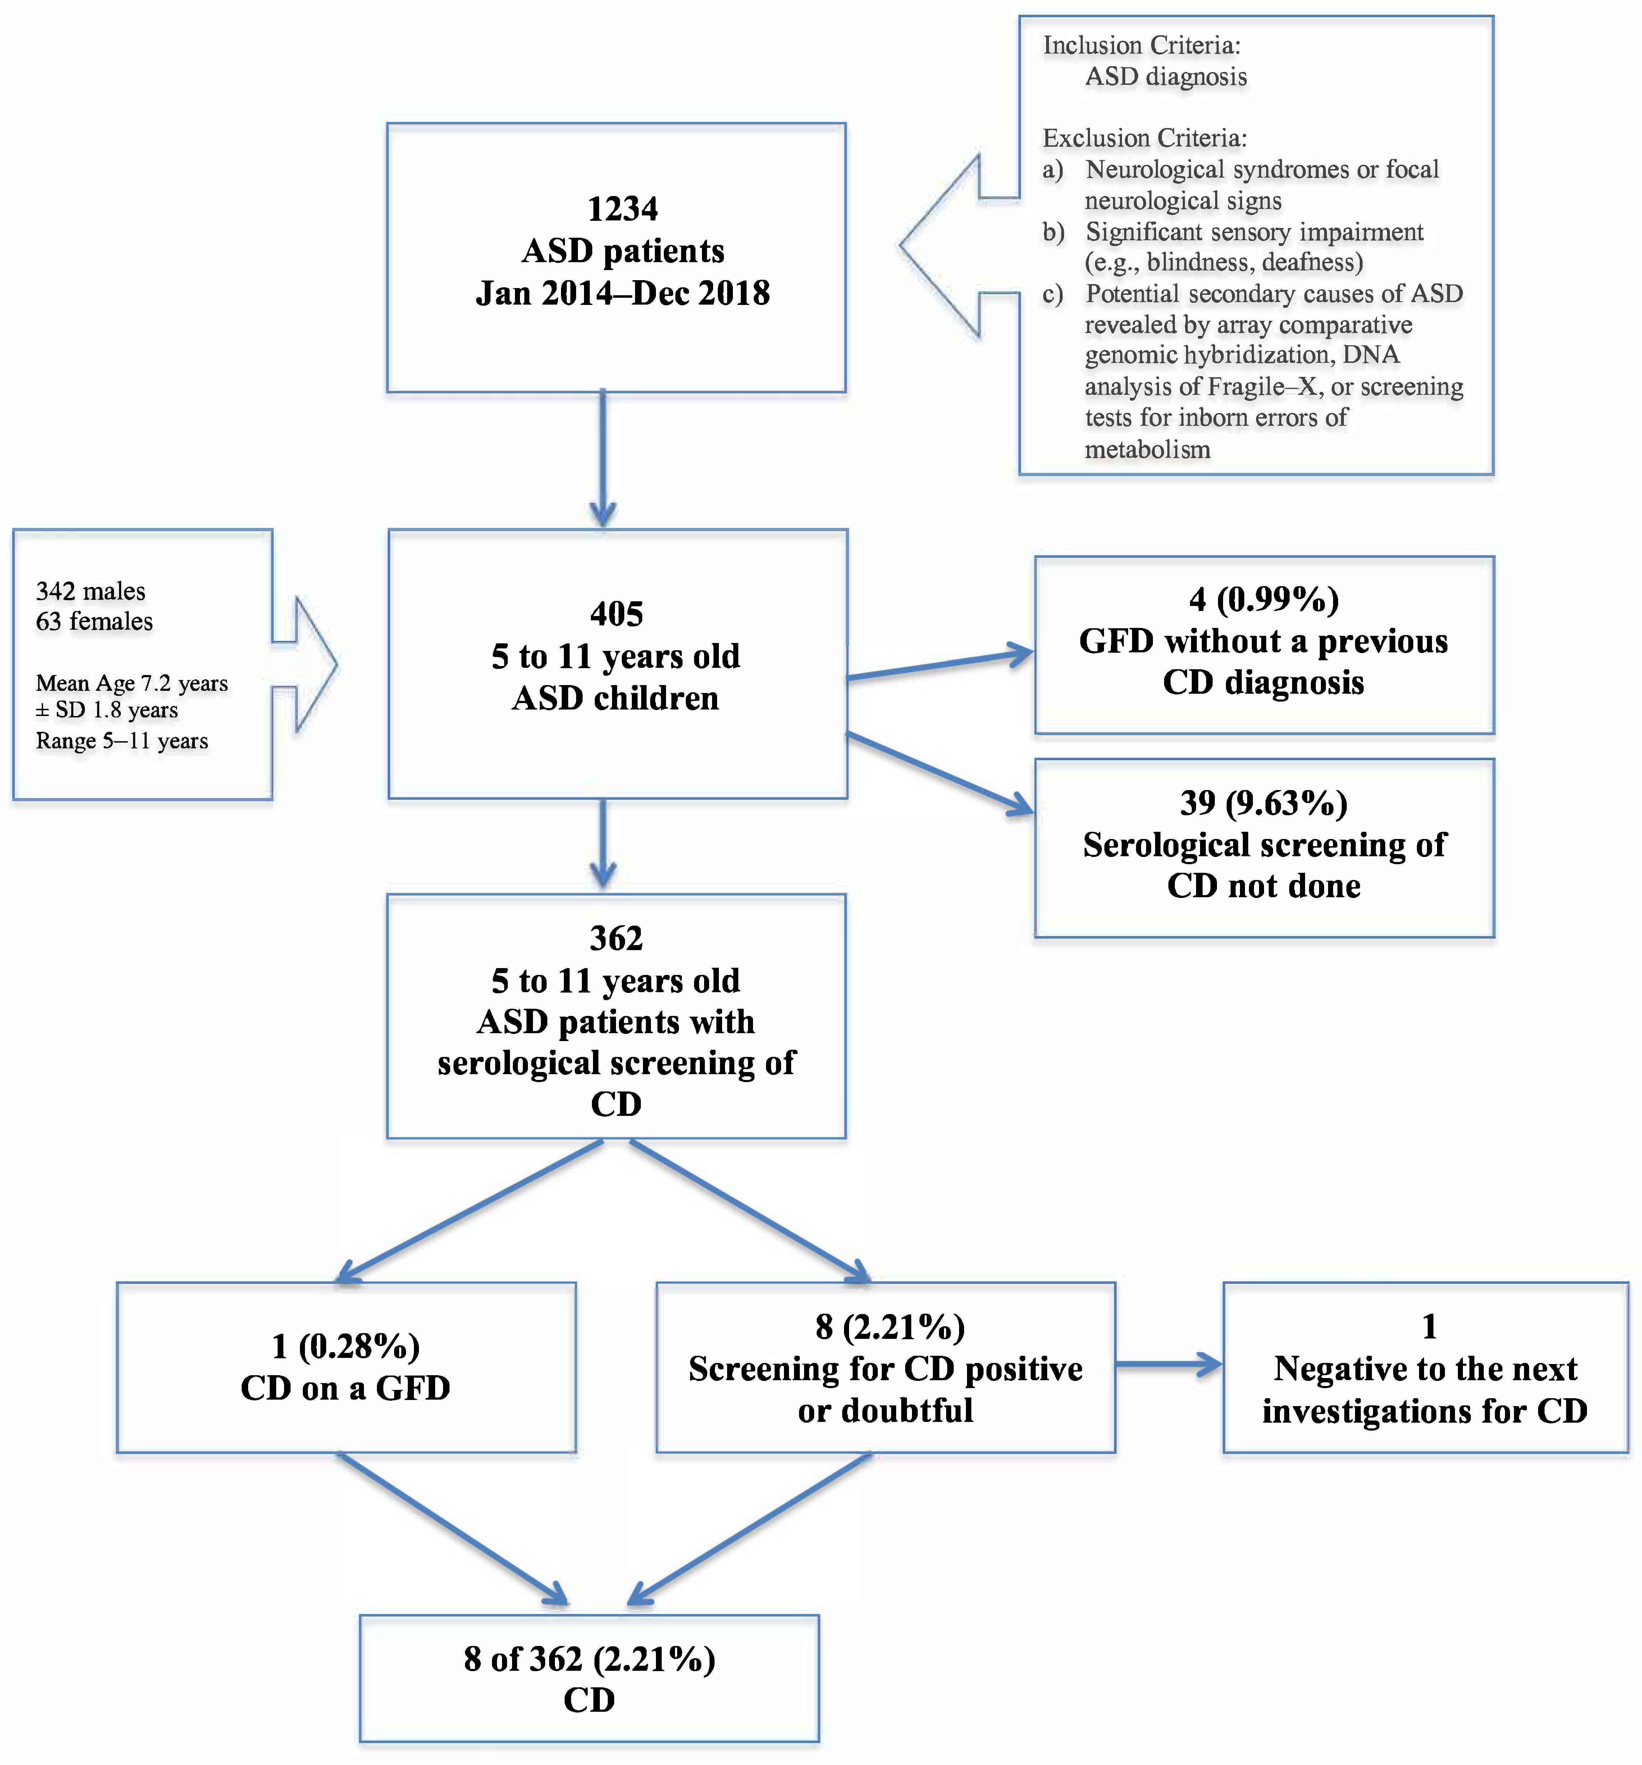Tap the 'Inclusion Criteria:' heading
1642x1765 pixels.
click(x=1141, y=45)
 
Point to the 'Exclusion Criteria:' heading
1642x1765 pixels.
click(x=1144, y=138)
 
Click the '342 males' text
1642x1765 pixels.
click(x=91, y=591)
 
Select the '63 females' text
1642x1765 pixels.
click(x=94, y=621)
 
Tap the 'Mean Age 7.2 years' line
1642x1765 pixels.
click(x=131, y=684)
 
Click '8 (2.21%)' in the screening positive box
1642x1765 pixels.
click(x=890, y=1327)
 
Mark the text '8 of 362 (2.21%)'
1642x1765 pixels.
click(x=589, y=1659)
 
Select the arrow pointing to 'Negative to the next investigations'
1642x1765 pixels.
click(x=1168, y=1365)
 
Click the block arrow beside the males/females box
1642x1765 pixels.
click(x=306, y=664)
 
